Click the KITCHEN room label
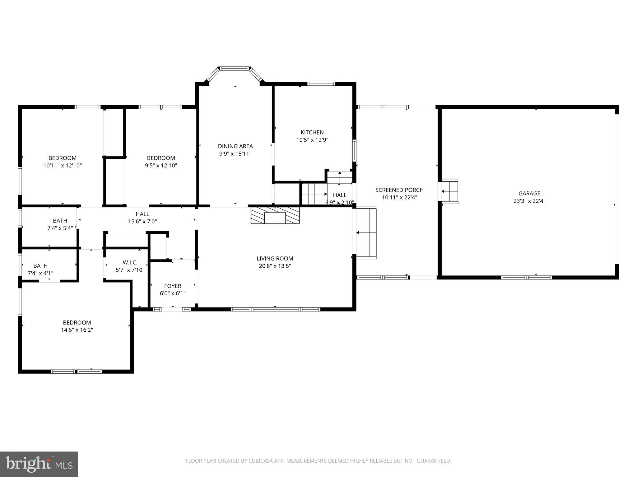312,132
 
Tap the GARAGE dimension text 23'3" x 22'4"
529,201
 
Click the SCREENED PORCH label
399,190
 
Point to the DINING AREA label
235,146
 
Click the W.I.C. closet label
130,262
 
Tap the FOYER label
173,286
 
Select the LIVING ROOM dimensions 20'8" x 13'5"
275,266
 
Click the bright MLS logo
39,464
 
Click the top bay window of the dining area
235,68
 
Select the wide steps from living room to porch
366,233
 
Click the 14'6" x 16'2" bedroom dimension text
77,330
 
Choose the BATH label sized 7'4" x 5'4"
60,220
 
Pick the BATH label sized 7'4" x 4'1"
40,266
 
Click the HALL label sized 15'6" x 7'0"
142,214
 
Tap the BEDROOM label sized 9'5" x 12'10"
161,158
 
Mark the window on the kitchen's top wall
321,84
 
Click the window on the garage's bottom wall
526,277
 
